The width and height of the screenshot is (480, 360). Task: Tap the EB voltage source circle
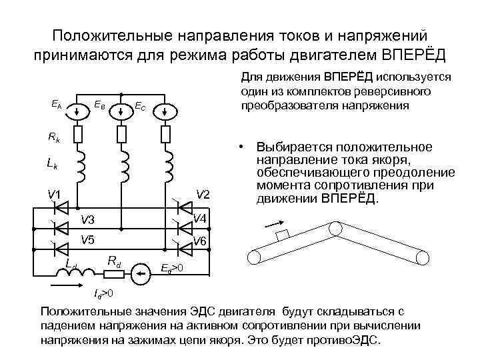121,111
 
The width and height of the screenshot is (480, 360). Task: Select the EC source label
140,105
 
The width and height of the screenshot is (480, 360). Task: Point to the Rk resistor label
53,137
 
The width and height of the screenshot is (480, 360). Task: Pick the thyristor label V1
53,195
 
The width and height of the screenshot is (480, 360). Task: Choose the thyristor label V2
203,194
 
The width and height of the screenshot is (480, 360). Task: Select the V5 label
87,240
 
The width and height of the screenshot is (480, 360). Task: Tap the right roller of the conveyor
423,257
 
